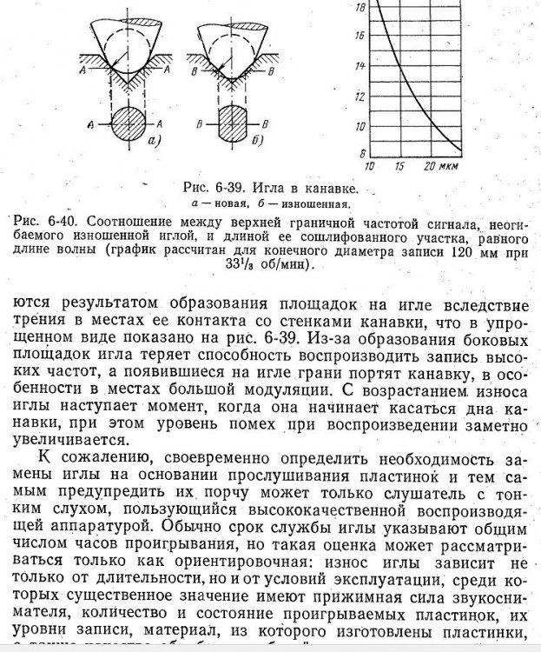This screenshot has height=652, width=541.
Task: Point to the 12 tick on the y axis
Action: coord(361,95)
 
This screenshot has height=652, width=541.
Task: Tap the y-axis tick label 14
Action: coord(361,65)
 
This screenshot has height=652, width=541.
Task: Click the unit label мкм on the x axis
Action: coord(452,165)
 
